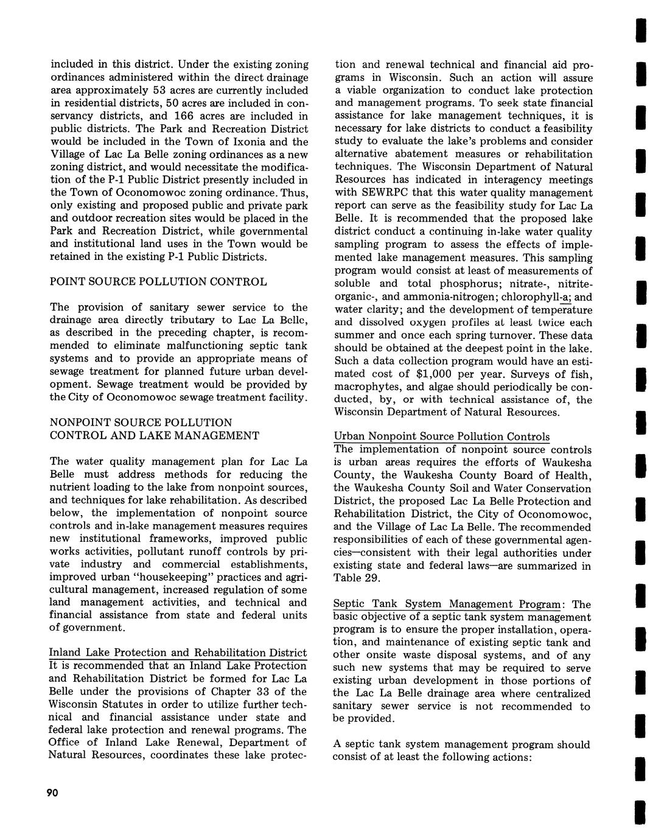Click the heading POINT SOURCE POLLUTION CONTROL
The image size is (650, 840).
click(158, 282)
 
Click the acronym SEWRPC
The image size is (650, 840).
click(388, 192)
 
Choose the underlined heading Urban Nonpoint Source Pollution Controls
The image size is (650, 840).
click(441, 436)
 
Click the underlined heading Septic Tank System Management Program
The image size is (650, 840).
click(447, 604)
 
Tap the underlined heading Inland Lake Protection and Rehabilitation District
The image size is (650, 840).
click(178, 653)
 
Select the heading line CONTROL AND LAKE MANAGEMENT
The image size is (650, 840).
click(154, 435)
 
